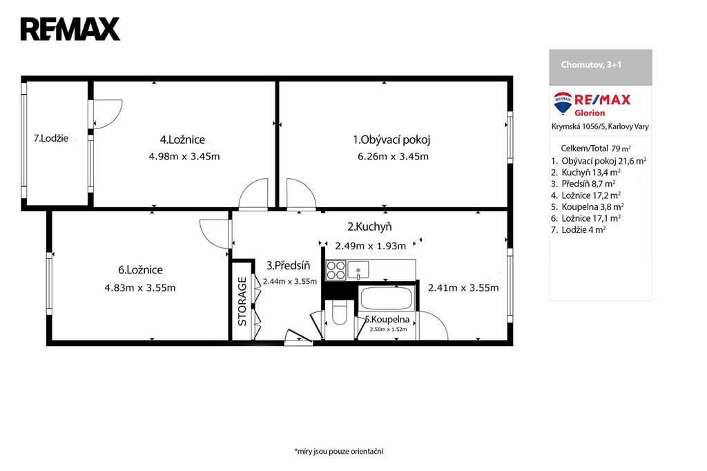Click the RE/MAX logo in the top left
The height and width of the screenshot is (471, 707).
[x=70, y=29]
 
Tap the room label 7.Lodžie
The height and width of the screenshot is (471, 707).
[x=51, y=139]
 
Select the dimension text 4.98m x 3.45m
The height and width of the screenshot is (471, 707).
[x=184, y=157]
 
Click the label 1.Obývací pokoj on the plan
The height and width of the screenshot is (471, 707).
[x=391, y=140]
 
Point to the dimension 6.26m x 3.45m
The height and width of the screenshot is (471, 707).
[x=393, y=157]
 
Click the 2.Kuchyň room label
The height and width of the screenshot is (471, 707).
[x=369, y=227]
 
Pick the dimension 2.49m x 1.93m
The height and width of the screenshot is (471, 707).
[x=370, y=246]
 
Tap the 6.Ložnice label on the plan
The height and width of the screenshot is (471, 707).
[x=140, y=270]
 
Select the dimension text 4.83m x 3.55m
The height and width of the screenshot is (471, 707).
[x=140, y=288]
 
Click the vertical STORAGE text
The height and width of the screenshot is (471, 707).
[x=242, y=301]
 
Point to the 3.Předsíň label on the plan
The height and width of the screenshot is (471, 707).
[x=288, y=266]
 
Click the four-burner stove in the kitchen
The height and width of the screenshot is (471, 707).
[x=336, y=270]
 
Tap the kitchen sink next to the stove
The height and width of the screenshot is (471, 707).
[x=358, y=270]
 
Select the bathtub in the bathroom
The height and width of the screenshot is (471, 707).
[x=386, y=298]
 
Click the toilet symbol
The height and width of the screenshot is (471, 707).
[x=339, y=314]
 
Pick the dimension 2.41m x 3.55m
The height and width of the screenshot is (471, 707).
[x=463, y=288]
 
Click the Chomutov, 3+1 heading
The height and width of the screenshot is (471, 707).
[x=591, y=64]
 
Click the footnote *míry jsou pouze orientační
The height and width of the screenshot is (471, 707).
[x=338, y=451]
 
